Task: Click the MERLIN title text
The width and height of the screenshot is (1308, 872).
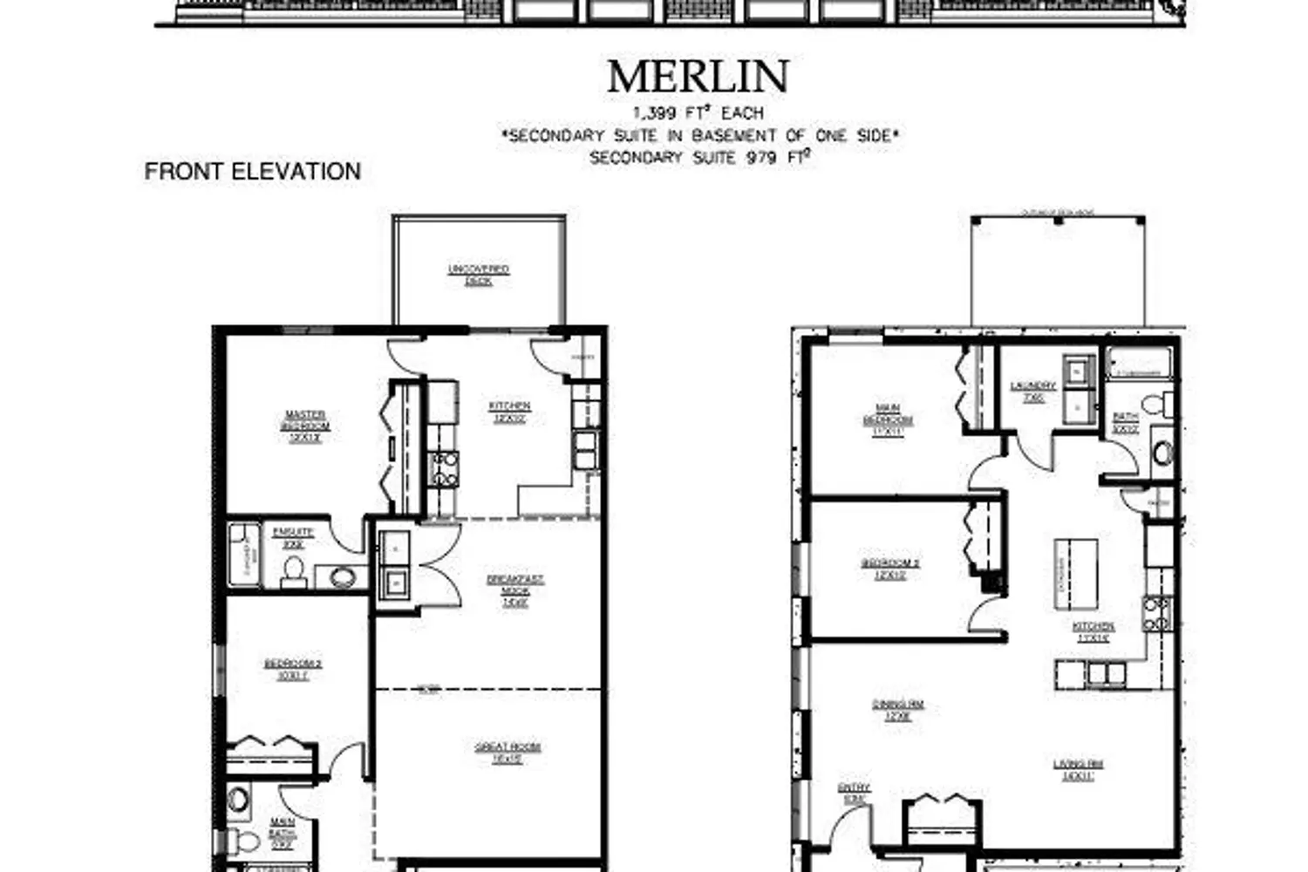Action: pos(698,77)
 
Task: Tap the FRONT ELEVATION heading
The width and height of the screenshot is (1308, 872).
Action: pos(253,172)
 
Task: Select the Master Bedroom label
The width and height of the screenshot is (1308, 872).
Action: pos(305,426)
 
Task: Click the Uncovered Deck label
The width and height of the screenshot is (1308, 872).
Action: pos(478,276)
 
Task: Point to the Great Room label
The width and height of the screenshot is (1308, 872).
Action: pos(508,753)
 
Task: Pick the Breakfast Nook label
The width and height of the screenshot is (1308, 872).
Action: pos(514,590)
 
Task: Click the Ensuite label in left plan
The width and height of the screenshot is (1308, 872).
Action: pos(293,537)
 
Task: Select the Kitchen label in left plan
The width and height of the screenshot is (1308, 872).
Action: pos(509,412)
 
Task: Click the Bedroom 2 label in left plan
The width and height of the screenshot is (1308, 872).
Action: pos(293,670)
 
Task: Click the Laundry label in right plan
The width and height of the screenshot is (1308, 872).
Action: pos(1033,391)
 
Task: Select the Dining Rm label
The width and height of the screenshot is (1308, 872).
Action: pos(897,710)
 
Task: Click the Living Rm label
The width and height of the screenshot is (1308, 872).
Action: pos(1078,769)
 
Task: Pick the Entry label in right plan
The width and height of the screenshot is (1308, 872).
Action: pos(854,793)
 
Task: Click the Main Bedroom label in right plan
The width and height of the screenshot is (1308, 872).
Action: pos(888,419)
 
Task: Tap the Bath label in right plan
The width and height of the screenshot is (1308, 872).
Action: pos(1125,422)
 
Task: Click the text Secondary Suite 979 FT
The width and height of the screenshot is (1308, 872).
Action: pos(700,158)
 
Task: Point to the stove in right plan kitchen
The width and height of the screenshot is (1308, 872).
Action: pos(1156,614)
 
